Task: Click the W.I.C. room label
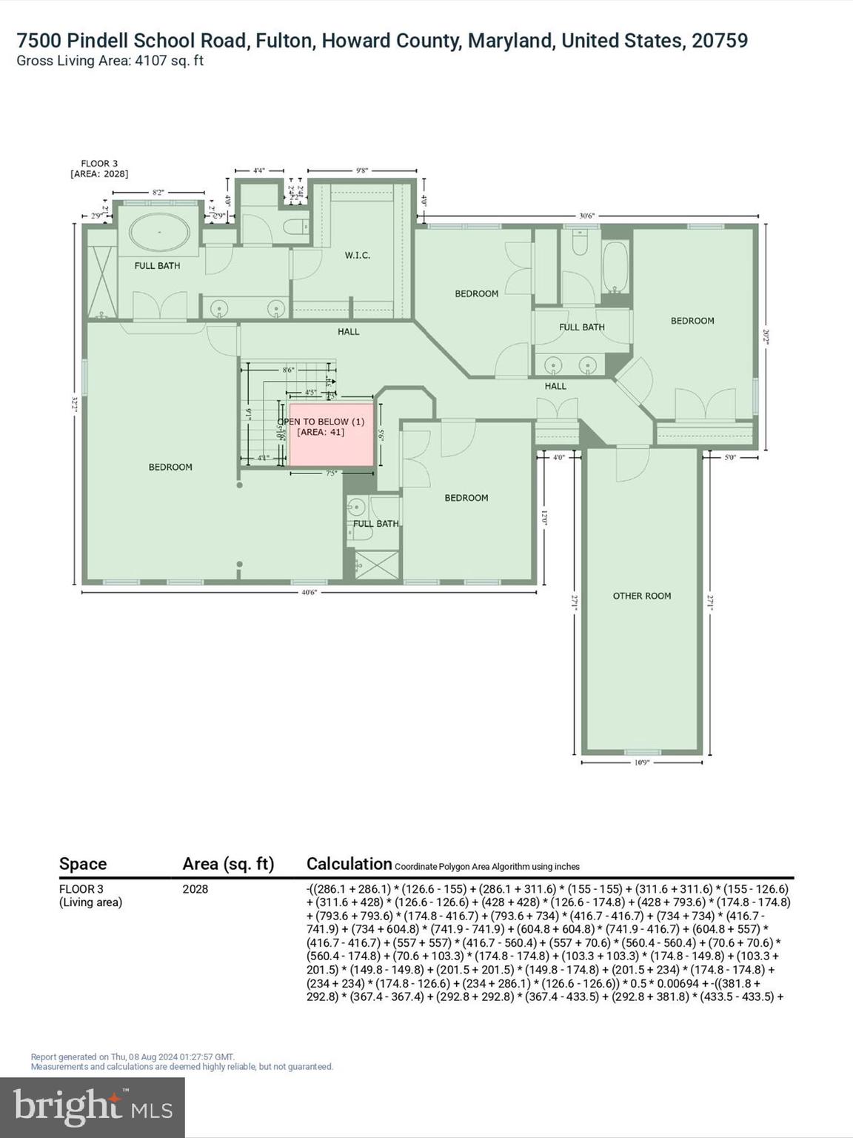point(357,256)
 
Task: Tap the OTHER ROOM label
point(641,596)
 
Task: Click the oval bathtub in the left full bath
point(159,233)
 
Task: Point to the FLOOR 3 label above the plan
point(99,164)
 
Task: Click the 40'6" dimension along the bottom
point(309,592)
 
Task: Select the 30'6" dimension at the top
point(586,216)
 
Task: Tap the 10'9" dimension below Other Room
point(641,762)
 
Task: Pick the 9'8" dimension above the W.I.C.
point(361,170)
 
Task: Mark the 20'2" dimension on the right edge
point(766,337)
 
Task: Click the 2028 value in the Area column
point(195,889)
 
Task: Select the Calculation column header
point(349,864)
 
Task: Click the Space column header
point(83,864)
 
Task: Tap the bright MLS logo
point(93,1107)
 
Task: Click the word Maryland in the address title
point(510,40)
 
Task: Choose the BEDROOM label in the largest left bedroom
point(170,467)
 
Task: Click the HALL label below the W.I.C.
point(348,332)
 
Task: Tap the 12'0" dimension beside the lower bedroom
point(544,517)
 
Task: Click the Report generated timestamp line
point(133,1057)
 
